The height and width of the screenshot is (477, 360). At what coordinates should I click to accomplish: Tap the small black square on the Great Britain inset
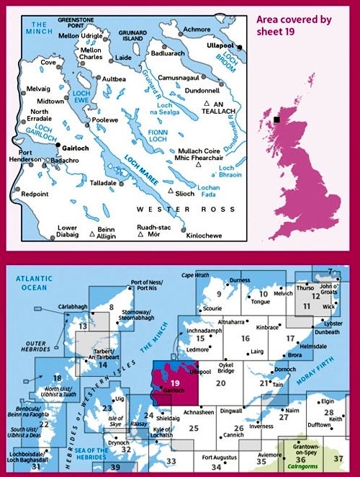click(276, 120)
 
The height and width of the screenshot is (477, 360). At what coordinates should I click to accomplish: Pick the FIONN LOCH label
click(158, 135)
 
